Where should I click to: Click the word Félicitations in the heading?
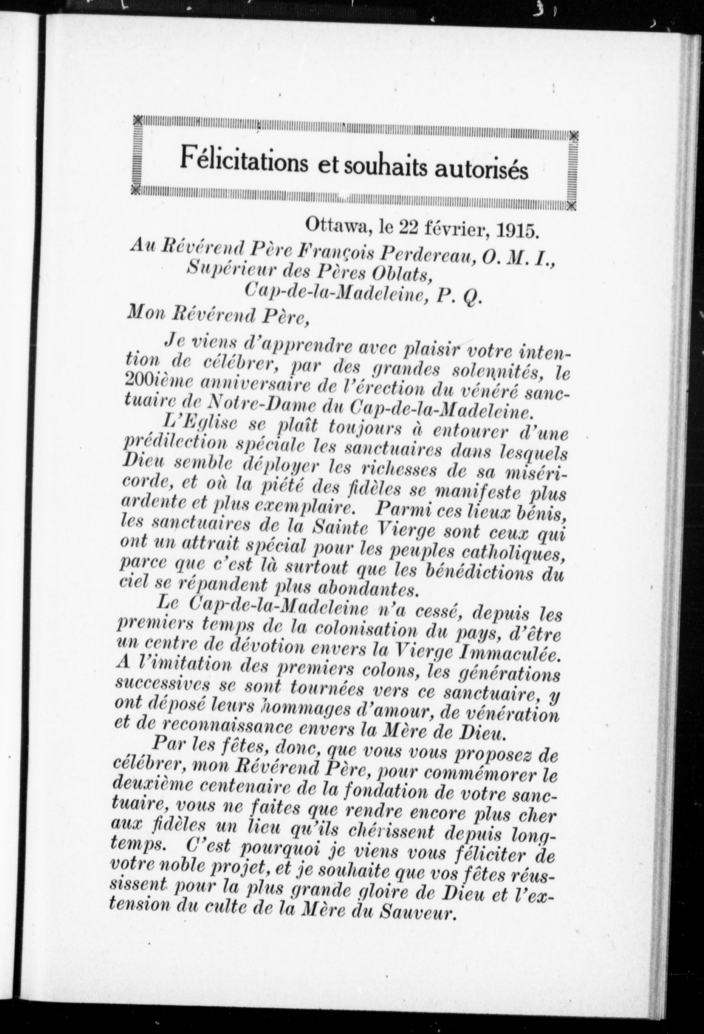[243, 162]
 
